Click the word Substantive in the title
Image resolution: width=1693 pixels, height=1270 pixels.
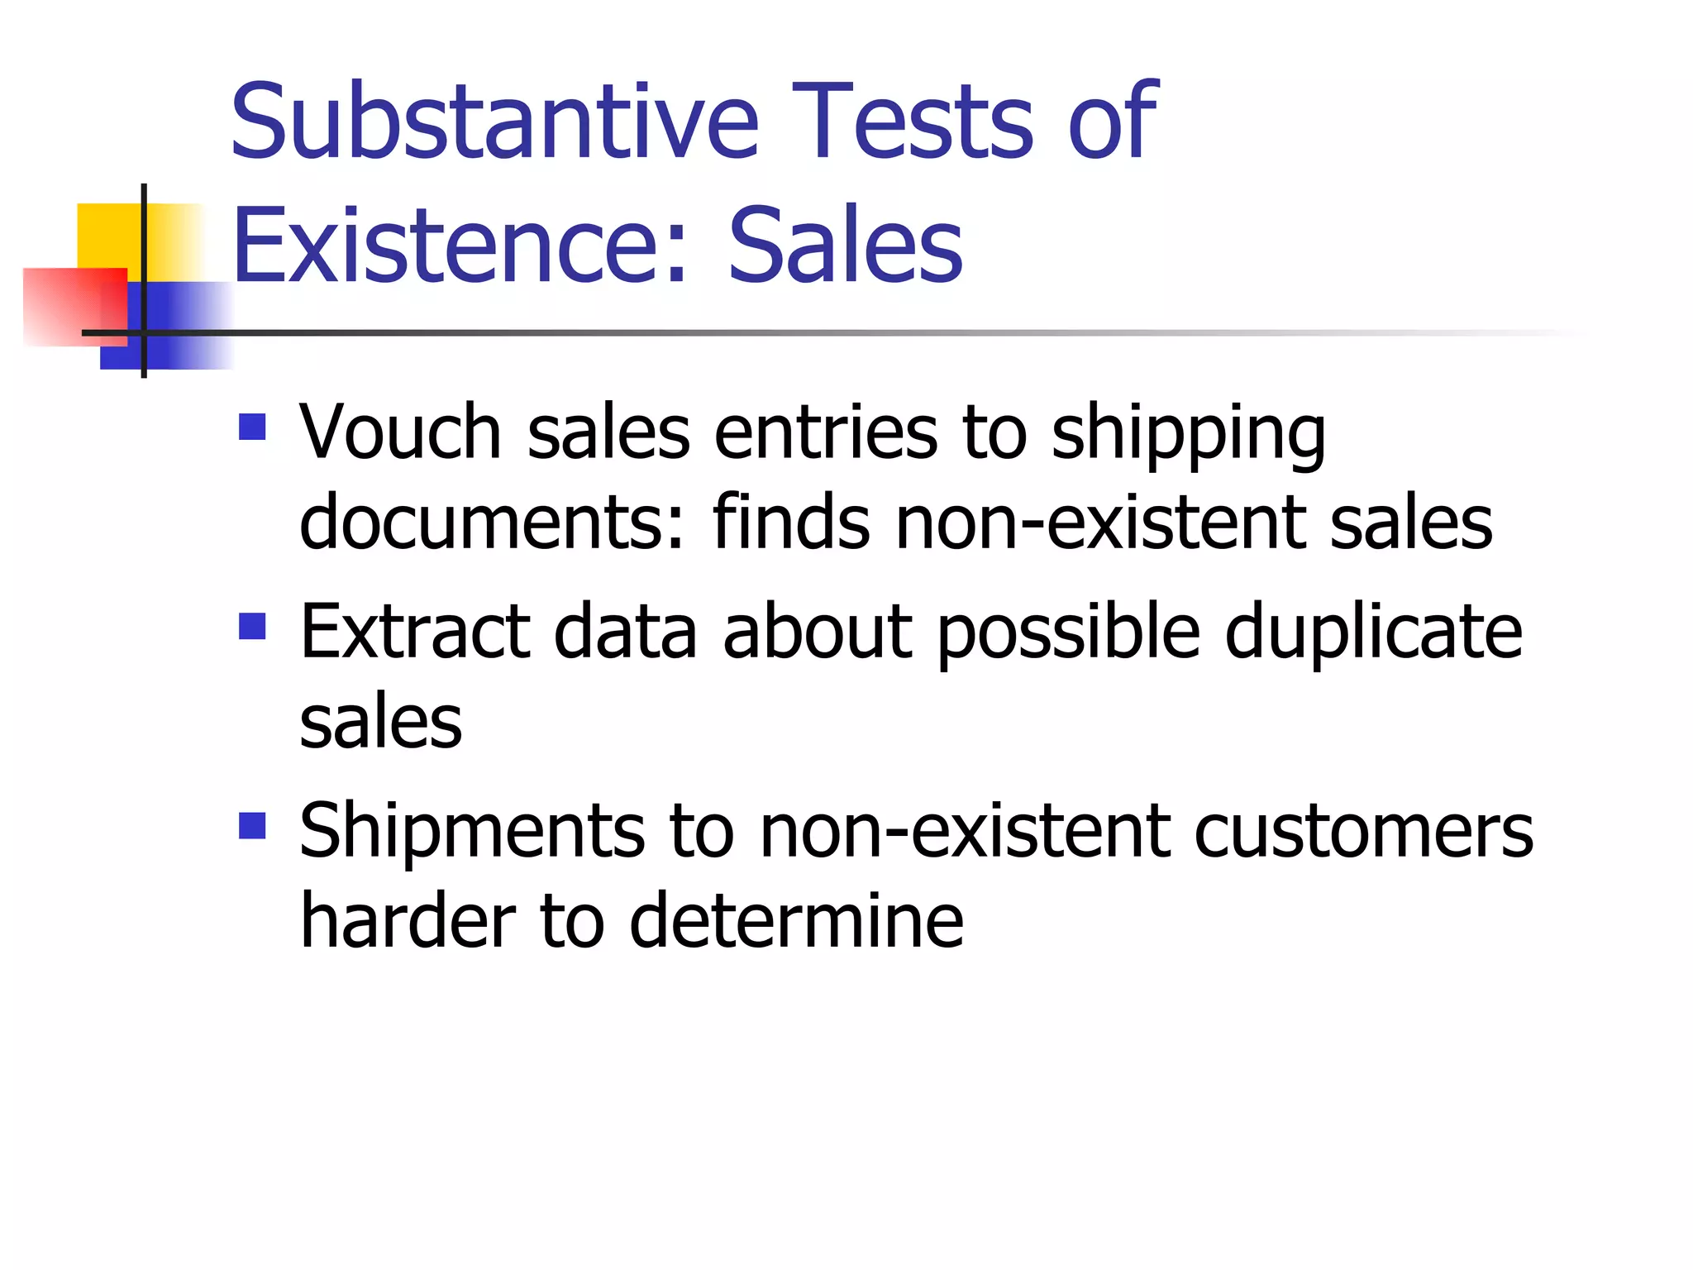tap(494, 122)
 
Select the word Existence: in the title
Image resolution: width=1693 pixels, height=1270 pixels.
tap(460, 246)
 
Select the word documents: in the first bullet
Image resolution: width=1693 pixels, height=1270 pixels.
tap(493, 523)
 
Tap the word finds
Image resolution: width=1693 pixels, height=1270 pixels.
tap(791, 523)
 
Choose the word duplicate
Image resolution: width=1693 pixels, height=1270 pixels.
tap(1373, 633)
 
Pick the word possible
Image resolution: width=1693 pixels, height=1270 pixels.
tap(1068, 633)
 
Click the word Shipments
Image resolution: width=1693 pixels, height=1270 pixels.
tap(472, 831)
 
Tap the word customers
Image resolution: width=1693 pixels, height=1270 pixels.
tap(1363, 831)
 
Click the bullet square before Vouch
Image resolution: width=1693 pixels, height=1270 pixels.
tap(252, 427)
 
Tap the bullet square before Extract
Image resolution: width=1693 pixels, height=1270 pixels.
tap(252, 626)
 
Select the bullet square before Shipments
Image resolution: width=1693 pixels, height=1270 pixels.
tap(252, 825)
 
